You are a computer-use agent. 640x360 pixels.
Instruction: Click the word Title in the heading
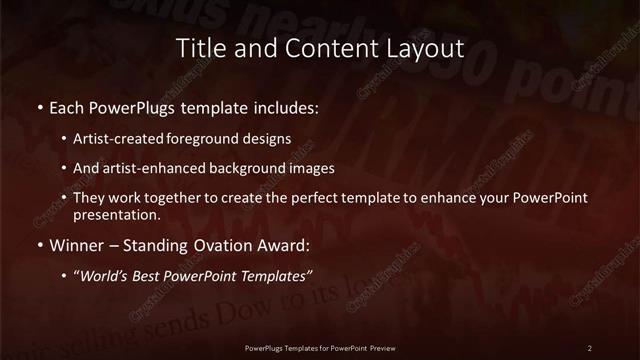click(199, 47)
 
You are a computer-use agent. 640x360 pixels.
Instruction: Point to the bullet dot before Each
click(39, 106)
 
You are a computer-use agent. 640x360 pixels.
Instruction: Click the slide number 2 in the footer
click(590, 347)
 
